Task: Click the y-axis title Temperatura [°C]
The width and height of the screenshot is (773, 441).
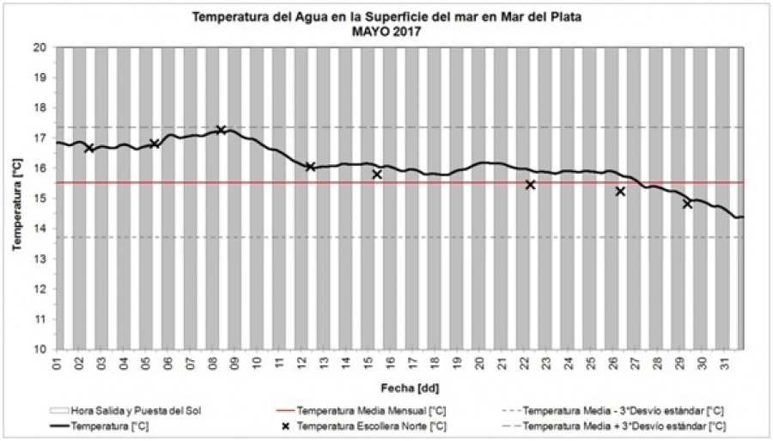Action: pos(17,199)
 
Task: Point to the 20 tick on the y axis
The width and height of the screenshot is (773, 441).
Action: pos(39,47)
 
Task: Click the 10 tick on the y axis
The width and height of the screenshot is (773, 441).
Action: pos(39,350)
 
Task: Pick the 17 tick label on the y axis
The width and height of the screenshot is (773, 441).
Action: pos(39,138)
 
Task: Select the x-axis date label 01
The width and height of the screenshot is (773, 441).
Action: pos(58,364)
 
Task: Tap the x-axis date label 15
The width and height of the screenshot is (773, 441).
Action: pos(368,364)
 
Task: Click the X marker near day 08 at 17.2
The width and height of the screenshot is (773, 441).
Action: pos(222,130)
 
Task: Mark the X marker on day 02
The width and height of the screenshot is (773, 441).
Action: pos(89,148)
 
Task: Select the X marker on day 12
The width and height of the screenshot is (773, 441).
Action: pos(310,167)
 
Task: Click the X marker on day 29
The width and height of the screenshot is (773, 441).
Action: pos(687,204)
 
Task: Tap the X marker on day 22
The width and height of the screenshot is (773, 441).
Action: pos(530,185)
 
